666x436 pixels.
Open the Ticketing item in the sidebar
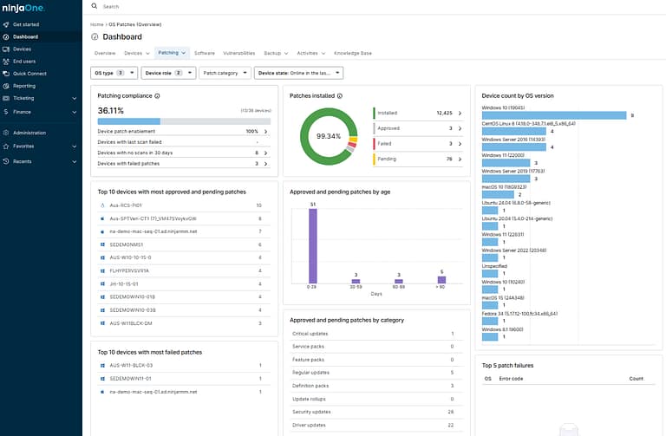pos(23,98)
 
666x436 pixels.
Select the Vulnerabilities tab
pos(238,53)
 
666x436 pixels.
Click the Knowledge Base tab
pos(353,53)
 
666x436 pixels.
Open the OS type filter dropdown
pos(114,74)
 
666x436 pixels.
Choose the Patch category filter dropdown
pos(225,74)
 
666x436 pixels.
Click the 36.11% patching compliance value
pos(110,111)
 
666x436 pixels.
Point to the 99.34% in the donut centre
pos(329,137)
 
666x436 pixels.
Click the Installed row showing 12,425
pos(417,113)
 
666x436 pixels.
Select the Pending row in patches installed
pos(417,159)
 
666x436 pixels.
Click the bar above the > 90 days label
pos(441,279)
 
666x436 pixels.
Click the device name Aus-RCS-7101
pos(126,205)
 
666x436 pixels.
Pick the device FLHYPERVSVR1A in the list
pos(129,270)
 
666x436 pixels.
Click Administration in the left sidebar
pos(29,133)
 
